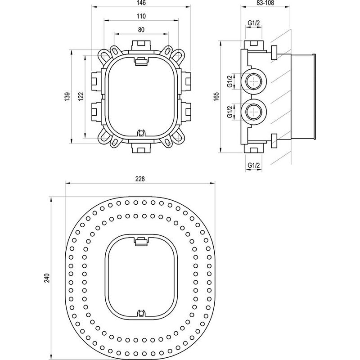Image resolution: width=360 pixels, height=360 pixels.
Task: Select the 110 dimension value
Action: coord(141,16)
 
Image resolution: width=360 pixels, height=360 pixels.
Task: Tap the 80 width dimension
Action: coord(141,30)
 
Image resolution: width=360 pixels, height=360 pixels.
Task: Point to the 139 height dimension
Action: coord(67,96)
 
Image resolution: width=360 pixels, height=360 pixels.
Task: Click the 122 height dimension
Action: coord(80,96)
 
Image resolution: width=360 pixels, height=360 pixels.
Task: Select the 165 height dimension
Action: coord(216,96)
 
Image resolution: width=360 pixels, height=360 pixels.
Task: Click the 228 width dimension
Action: coord(140,179)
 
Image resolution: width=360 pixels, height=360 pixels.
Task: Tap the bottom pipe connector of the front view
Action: coord(141,147)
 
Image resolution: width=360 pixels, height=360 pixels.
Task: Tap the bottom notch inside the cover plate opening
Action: coord(141,311)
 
